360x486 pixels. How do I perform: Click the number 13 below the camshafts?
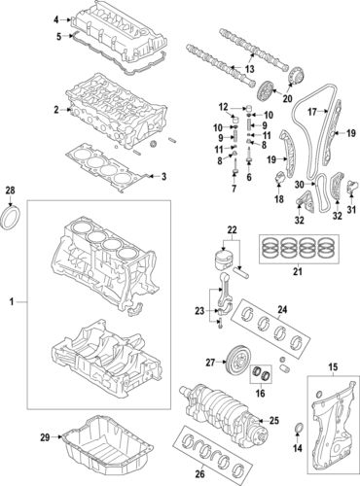(250, 70)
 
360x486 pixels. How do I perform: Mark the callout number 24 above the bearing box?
(283, 312)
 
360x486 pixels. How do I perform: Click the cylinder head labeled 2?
(107, 115)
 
